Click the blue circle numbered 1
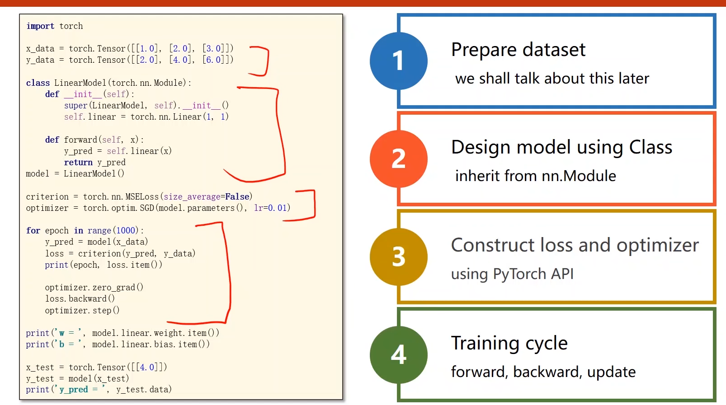[398, 61]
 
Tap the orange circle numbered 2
[398, 159]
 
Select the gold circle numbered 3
[398, 256]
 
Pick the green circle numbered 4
[398, 354]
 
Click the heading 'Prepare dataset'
[518, 50]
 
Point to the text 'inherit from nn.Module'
[535, 176]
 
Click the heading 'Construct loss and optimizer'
[575, 245]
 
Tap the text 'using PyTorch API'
[512, 274]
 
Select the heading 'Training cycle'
[509, 343]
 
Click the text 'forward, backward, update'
[543, 372]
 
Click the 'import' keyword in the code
[40, 26]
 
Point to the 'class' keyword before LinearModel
[38, 83]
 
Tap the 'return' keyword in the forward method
[78, 163]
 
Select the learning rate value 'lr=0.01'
[270, 208]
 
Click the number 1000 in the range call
[126, 231]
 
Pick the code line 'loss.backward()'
[80, 299]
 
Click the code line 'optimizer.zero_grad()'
[94, 288]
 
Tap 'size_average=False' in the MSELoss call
[207, 197]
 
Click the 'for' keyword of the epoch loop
[33, 231]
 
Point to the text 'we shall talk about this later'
[552, 79]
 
